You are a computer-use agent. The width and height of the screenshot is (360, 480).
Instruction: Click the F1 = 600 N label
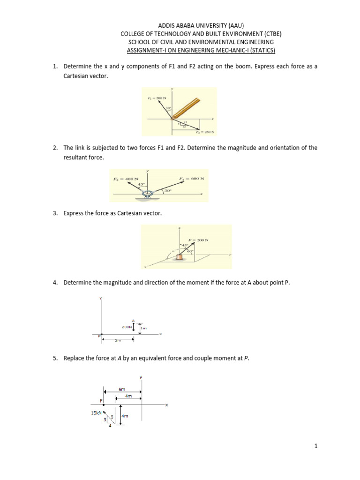[x=192, y=179]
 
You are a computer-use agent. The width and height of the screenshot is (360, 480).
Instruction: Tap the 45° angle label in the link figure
[x=140, y=184]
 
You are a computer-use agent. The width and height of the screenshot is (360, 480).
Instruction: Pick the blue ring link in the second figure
[x=149, y=195]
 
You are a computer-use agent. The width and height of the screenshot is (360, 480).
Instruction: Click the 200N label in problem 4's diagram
[x=127, y=326]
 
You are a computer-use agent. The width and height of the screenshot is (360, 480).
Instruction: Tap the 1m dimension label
[x=143, y=328]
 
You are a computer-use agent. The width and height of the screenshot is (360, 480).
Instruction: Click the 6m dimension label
[x=122, y=390]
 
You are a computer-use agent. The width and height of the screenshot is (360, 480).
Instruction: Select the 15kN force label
[x=96, y=412]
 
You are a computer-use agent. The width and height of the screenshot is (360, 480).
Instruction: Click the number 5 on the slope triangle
[x=112, y=416]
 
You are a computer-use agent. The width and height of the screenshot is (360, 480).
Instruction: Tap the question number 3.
[x=55, y=213]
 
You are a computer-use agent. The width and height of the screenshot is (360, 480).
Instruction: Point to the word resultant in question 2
[x=75, y=158]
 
